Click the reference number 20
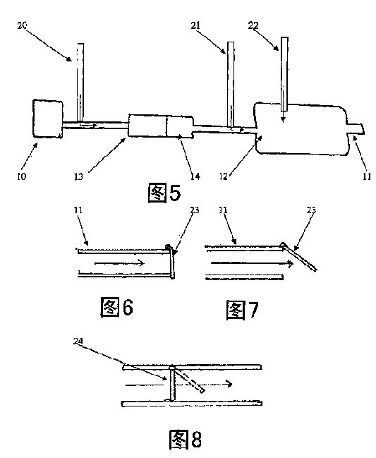click(22, 25)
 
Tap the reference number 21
click(195, 25)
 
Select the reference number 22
click(253, 25)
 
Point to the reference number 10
click(22, 176)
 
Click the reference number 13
click(78, 176)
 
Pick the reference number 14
click(195, 176)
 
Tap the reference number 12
click(224, 176)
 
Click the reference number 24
click(78, 341)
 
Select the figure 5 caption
click(164, 193)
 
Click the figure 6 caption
click(117, 307)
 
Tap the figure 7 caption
click(242, 310)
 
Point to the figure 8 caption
click(186, 440)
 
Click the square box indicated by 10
click(48, 119)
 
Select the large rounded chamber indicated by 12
click(301, 128)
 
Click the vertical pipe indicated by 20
click(80, 83)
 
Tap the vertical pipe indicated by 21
click(231, 85)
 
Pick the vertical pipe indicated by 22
click(284, 74)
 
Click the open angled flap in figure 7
click(299, 257)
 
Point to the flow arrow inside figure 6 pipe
click(120, 263)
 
